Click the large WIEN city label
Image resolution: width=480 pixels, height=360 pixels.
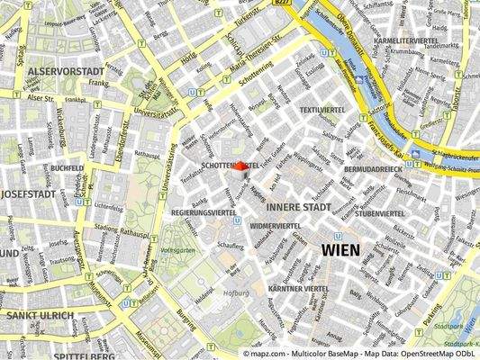click(339, 249)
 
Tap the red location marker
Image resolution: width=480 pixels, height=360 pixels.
click(240, 166)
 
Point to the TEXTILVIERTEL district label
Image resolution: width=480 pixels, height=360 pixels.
click(322, 109)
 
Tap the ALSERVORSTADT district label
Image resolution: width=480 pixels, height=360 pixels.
click(59, 69)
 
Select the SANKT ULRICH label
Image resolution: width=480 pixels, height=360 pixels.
click(38, 316)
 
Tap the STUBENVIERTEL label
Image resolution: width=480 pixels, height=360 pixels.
click(382, 213)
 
